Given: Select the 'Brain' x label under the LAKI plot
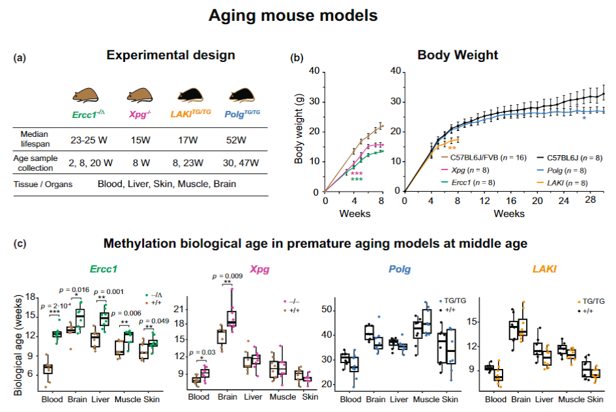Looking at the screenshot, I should coord(520,398).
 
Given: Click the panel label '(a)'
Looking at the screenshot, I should coord(20,58).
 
